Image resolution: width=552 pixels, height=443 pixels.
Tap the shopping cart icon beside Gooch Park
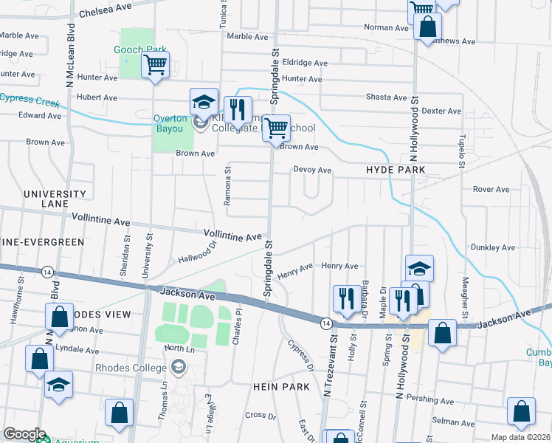(155, 65)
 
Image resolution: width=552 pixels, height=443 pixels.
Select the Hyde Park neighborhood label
(396, 170)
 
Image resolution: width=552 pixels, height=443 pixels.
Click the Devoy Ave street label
(312, 170)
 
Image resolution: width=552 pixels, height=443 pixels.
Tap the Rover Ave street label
(491, 189)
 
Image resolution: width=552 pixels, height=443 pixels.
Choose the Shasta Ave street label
(387, 97)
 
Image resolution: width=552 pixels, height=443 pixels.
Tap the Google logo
(24, 434)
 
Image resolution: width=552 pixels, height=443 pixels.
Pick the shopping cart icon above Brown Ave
(276, 128)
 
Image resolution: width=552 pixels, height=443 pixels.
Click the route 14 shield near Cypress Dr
(325, 322)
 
